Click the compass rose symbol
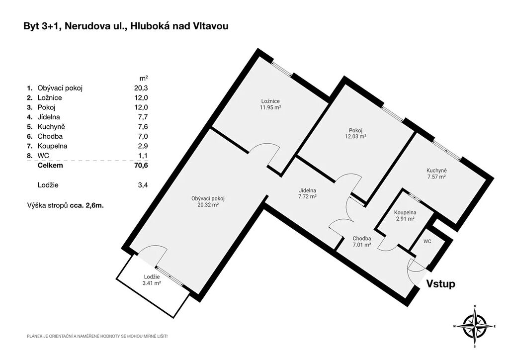coord(475,326)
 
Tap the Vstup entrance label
coord(440,284)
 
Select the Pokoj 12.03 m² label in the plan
coord(355,133)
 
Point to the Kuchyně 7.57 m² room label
coord(436,174)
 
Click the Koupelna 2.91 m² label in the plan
coord(405,215)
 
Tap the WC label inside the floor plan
coord(427,242)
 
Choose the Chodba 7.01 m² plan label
coord(362,242)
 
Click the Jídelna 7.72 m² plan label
coord(307,193)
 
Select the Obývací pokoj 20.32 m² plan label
coord(208,201)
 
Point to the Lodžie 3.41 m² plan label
coord(152,280)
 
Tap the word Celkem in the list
coord(50,166)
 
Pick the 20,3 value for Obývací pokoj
coord(141,88)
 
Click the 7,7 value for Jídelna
coord(143,117)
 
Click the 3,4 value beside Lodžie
coord(143,185)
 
